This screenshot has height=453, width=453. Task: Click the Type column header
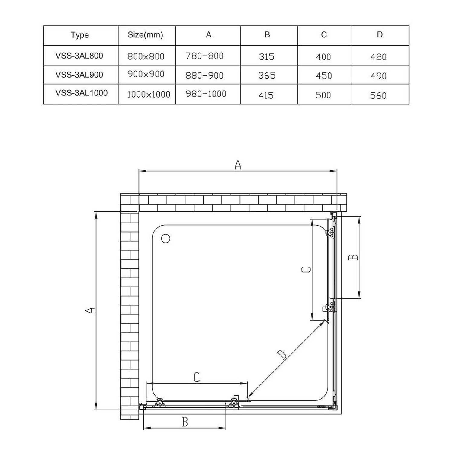80,35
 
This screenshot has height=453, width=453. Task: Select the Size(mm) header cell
145,35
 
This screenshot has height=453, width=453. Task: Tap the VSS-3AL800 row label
79,56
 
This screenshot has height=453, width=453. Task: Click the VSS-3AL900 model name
79,75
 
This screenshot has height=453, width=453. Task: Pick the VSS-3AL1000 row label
82,93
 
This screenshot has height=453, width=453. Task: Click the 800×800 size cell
146,56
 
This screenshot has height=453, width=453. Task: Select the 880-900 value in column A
204,75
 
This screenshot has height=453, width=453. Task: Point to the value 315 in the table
267,57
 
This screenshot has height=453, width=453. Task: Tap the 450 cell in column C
324,75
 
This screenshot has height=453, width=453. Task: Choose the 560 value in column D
378,96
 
